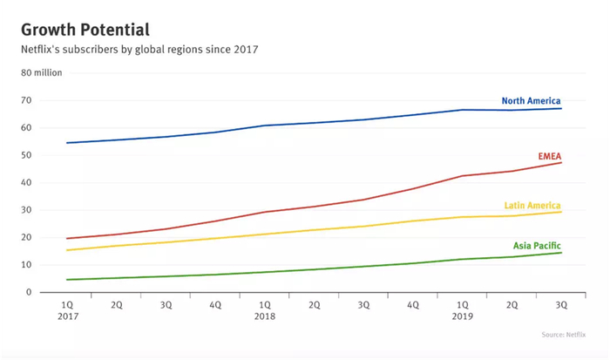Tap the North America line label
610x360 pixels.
click(x=531, y=101)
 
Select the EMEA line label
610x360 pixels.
click(x=549, y=157)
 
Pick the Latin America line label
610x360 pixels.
click(x=532, y=206)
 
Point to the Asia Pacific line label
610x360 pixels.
click(x=535, y=246)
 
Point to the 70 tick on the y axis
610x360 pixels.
click(x=26, y=101)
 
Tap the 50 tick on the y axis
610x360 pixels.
click(x=26, y=155)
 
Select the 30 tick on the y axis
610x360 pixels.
click(x=26, y=210)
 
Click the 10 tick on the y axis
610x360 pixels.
click(x=26, y=265)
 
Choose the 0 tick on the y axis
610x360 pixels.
click(x=29, y=292)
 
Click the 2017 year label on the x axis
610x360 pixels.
click(x=67, y=317)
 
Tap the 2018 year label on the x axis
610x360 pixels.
click(x=265, y=317)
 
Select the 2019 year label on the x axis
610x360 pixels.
click(x=463, y=317)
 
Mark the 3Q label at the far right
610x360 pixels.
click(x=561, y=305)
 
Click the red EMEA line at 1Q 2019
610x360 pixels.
click(x=463, y=176)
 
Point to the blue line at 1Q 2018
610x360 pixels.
click(x=265, y=126)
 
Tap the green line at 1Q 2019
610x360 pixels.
click(x=463, y=259)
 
